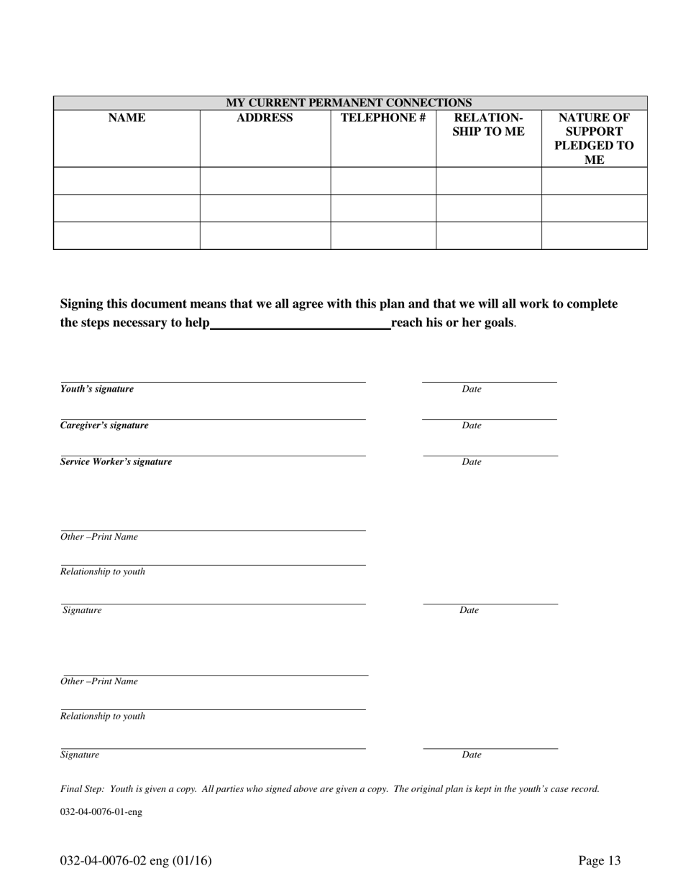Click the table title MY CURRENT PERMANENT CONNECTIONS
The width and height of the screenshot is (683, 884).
coord(349,103)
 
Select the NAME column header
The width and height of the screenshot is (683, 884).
coord(127,118)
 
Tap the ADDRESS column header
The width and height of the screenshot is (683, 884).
coord(265,118)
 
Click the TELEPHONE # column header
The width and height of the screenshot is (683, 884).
coord(383,118)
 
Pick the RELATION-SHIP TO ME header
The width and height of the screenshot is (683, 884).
coord(488,124)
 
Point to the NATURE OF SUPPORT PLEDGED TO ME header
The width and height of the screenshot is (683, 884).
coord(594,139)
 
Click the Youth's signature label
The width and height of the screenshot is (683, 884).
coord(97,389)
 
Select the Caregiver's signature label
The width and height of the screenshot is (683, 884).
coord(104,425)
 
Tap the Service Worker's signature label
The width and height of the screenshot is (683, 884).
coord(116,462)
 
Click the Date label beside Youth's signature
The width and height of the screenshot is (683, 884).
coord(472,389)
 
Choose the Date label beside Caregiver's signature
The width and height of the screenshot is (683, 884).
coord(472,425)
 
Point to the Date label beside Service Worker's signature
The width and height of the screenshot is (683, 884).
coord(472,462)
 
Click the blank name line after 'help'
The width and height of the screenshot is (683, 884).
coord(301,325)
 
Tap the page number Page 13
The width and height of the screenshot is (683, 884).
coord(600,861)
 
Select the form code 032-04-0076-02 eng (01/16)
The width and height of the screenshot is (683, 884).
coord(136,861)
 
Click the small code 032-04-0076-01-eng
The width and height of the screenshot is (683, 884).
coord(101,812)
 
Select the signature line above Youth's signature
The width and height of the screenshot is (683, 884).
coord(213,382)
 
